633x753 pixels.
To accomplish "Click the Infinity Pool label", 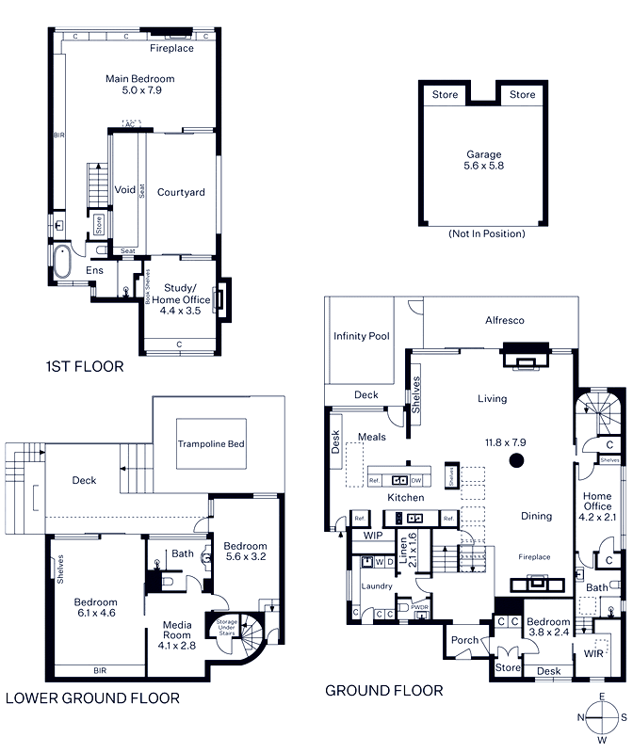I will (x=361, y=336).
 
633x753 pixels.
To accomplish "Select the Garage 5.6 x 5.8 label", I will (x=484, y=160).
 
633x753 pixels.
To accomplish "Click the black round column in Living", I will (x=516, y=460).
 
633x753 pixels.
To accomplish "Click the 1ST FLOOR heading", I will (x=85, y=367).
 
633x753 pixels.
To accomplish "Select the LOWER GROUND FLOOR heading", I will (x=92, y=698).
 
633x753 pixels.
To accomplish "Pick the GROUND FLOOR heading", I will (x=383, y=691).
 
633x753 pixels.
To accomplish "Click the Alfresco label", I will (x=504, y=321).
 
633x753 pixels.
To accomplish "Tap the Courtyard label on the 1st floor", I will (x=181, y=193).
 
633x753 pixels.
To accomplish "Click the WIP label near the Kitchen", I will (x=372, y=536).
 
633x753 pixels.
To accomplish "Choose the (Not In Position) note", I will (x=486, y=233).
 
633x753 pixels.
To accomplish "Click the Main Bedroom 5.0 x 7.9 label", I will (x=139, y=86).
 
